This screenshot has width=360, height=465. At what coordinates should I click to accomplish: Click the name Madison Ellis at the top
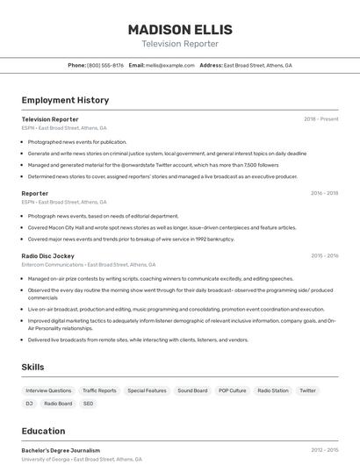[179, 28]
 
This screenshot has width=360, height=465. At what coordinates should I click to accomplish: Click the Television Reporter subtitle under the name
[179, 43]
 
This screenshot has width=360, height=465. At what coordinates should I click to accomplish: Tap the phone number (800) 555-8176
[105, 65]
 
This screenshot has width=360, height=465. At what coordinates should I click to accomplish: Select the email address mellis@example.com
[170, 65]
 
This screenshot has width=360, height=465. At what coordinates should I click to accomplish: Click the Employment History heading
[65, 100]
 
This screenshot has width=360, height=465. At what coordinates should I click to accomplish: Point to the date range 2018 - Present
[320, 118]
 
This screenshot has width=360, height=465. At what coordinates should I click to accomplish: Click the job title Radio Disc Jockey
[48, 256]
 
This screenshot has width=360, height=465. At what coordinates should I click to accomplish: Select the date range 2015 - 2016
[324, 256]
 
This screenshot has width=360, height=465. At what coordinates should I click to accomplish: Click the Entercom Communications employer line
[88, 264]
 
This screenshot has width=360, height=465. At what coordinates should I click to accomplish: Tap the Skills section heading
[32, 367]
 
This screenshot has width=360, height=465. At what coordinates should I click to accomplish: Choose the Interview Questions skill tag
[48, 390]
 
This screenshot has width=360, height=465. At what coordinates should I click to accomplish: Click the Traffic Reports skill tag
[99, 390]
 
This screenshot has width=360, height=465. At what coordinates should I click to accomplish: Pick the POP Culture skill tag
[233, 390]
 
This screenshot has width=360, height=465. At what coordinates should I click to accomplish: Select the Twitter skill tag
[307, 390]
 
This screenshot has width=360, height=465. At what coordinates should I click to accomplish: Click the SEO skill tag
[88, 404]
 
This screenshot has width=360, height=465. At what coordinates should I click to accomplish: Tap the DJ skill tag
[29, 404]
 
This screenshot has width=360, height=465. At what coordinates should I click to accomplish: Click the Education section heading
[43, 431]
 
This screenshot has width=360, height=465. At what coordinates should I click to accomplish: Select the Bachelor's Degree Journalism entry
[61, 450]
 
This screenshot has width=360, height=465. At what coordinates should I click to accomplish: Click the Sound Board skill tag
[192, 390]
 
